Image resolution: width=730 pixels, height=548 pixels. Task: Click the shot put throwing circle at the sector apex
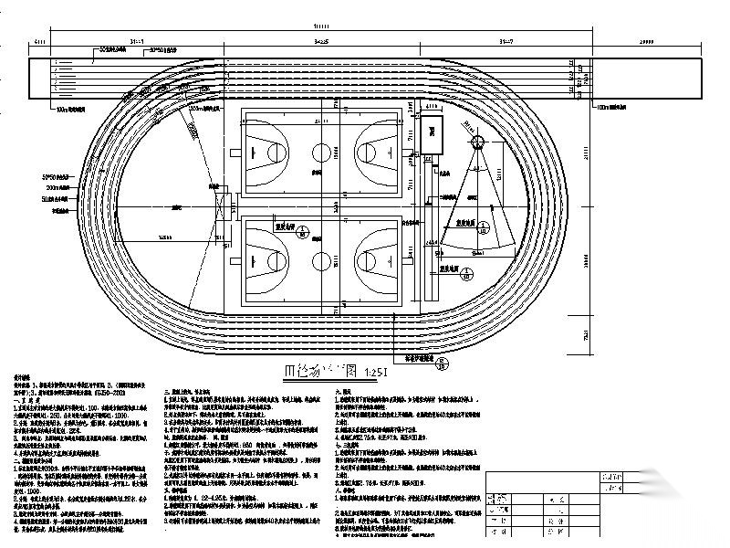[x=478, y=142]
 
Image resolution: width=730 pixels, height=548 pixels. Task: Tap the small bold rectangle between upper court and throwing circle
[x=430, y=135]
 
